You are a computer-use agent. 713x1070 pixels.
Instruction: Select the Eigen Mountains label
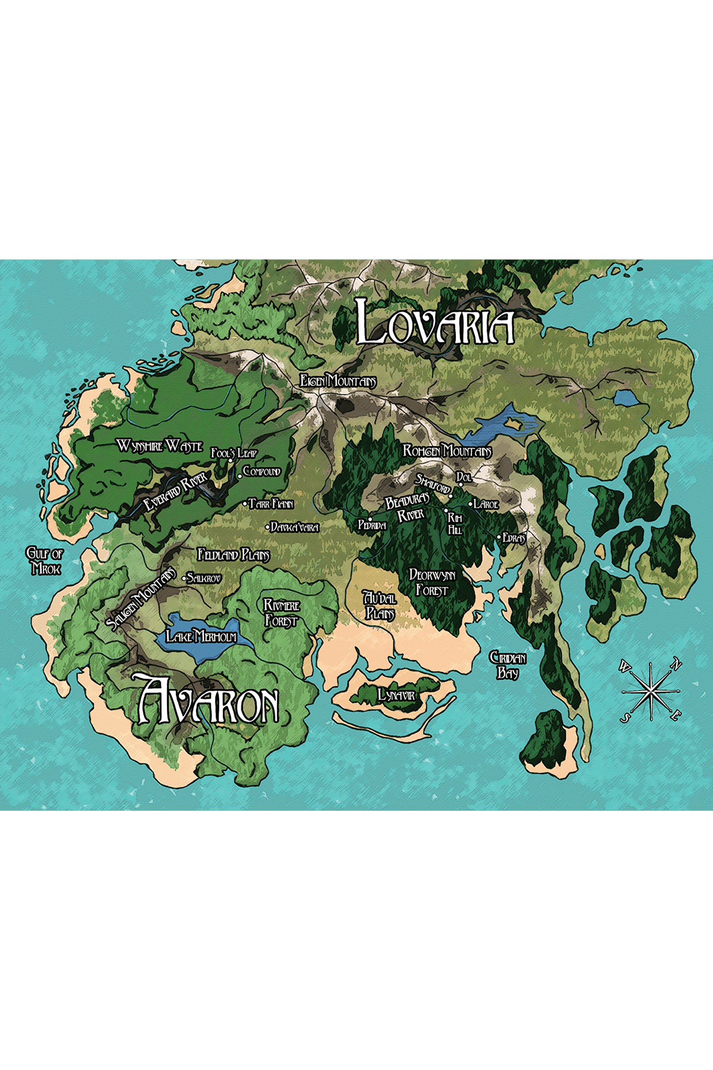tap(338, 381)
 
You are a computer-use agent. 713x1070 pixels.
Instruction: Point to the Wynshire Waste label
tap(160, 446)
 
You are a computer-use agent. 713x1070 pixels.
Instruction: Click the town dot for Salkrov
tap(184, 578)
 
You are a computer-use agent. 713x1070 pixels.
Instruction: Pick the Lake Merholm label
tap(201, 636)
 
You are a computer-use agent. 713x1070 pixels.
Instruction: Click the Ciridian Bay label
tap(507, 665)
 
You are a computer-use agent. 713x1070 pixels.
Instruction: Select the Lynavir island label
tap(396, 695)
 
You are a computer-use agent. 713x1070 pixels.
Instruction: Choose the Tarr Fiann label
tap(271, 504)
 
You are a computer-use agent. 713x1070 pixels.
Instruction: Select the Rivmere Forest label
tap(282, 613)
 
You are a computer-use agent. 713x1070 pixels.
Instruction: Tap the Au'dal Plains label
tap(379, 605)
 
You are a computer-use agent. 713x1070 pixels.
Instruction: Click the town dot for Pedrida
tap(370, 520)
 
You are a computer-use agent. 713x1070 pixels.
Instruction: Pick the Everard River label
tap(175, 491)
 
